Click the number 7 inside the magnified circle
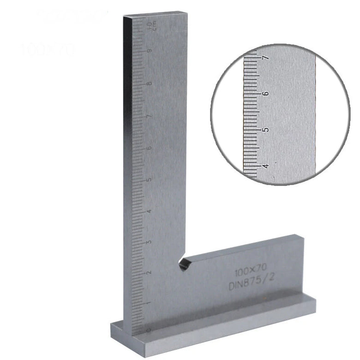265,58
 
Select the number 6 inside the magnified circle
265,93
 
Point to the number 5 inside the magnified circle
265,130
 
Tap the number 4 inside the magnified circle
265,165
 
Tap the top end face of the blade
155,15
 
